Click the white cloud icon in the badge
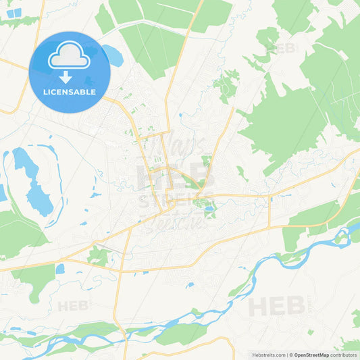tap(69, 56)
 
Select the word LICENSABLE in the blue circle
tap(69, 92)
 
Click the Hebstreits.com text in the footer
tap(267, 355)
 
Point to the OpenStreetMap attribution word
tap(311, 355)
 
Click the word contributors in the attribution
tap(344, 355)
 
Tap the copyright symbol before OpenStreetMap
tap(290, 355)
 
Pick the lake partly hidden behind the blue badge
tap(113, 56)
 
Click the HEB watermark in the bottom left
tap(73, 306)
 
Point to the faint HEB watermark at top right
tap(283, 48)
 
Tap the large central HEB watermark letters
tap(174, 177)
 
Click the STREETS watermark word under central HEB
tap(174, 201)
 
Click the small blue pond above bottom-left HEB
tap(60, 269)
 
